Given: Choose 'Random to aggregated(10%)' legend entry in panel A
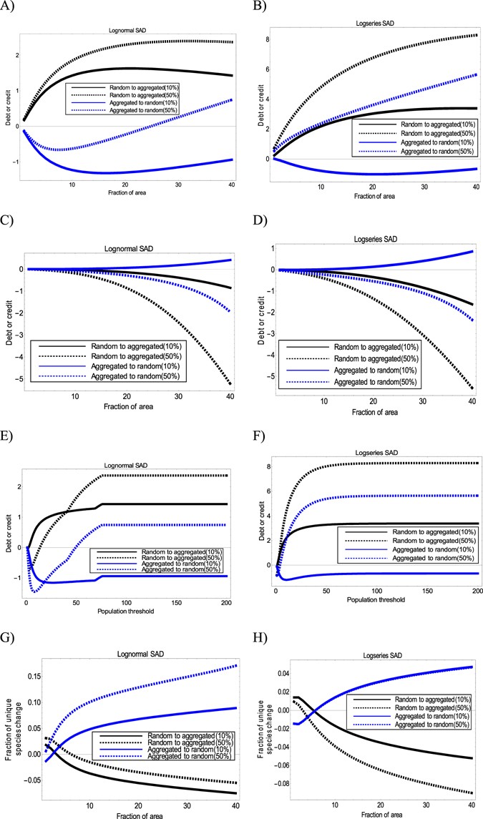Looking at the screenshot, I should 140,87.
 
